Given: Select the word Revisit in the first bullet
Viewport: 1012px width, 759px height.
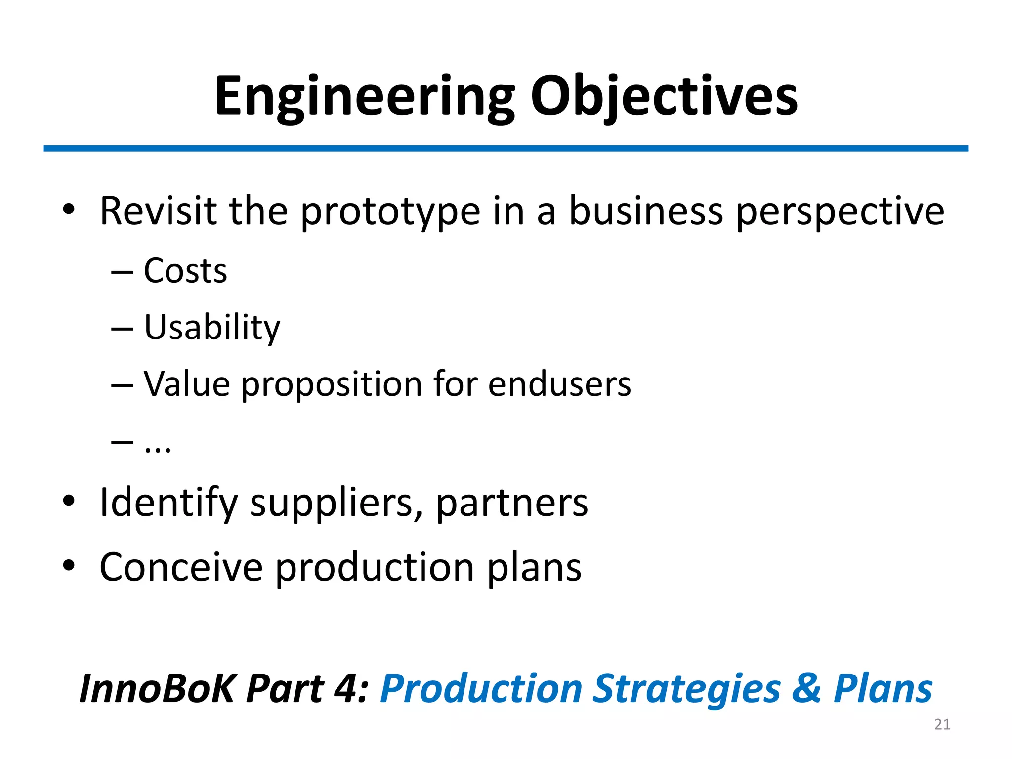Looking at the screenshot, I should tap(159, 211).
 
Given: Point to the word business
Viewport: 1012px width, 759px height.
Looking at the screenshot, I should tap(646, 211).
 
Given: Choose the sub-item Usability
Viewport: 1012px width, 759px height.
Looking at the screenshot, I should tap(212, 328).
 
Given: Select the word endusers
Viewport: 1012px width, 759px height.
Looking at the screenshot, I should tap(559, 384).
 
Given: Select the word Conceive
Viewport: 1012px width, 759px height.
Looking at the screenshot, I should tap(181, 567).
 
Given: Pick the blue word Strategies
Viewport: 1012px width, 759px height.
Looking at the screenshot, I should tap(687, 689).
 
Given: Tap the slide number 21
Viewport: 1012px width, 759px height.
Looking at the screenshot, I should tap(942, 724).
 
